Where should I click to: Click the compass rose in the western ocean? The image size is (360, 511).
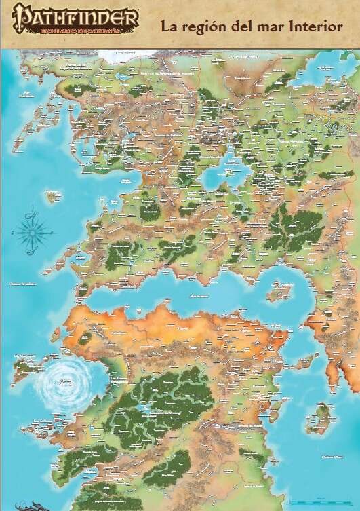(x=31, y=231)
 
